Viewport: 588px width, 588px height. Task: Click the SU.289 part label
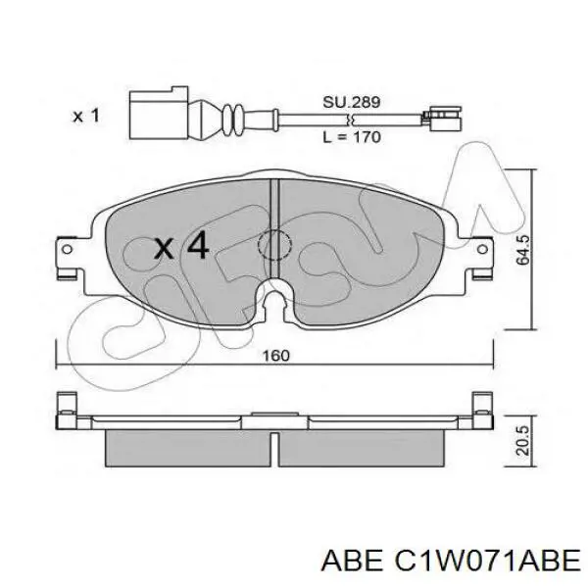click(x=352, y=102)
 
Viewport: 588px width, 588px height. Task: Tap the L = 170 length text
click(x=352, y=136)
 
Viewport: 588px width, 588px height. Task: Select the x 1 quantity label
click(x=86, y=116)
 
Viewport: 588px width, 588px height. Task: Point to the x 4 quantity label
click(x=181, y=246)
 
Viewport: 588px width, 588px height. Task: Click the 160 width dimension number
click(x=275, y=356)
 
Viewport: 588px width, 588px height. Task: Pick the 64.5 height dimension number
click(x=522, y=250)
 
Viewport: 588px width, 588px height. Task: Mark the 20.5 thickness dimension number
click(x=522, y=440)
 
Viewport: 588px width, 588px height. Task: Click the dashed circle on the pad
click(x=274, y=245)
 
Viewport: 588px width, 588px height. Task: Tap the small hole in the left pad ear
click(x=67, y=249)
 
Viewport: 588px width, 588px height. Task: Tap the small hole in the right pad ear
click(x=482, y=249)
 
